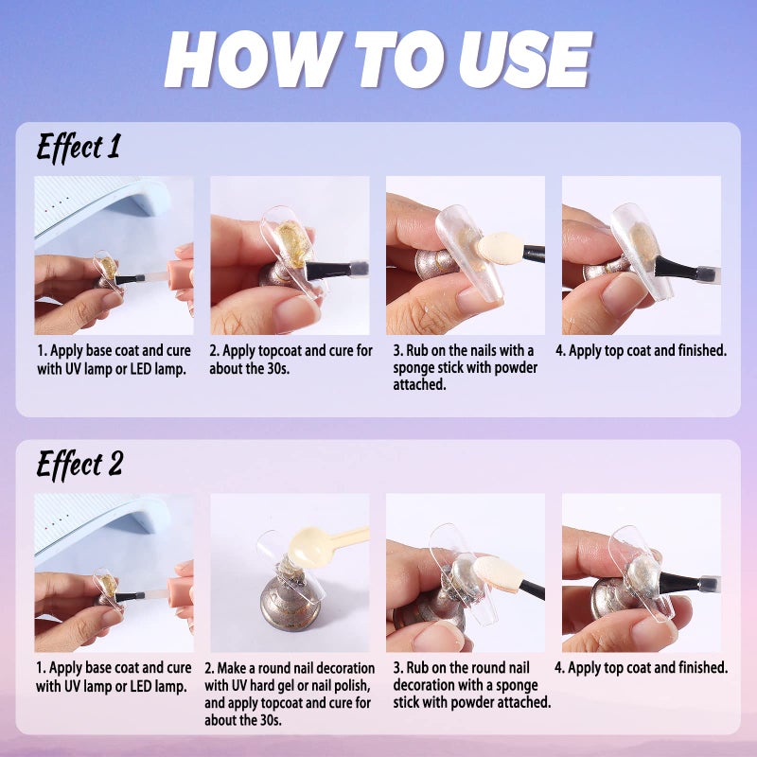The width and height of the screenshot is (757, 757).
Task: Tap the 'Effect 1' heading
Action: point(79,147)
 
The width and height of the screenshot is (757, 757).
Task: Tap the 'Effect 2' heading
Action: point(79,465)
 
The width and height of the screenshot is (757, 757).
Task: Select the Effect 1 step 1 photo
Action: point(114,255)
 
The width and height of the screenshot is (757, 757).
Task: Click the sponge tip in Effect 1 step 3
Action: point(501,248)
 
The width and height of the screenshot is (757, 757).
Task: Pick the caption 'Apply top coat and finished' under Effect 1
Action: point(641,350)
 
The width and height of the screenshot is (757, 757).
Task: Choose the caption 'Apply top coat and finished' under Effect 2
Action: point(641,668)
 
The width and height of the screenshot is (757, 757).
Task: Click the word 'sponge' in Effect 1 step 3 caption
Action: point(414,368)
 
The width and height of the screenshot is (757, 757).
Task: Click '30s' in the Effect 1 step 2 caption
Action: point(276,369)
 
